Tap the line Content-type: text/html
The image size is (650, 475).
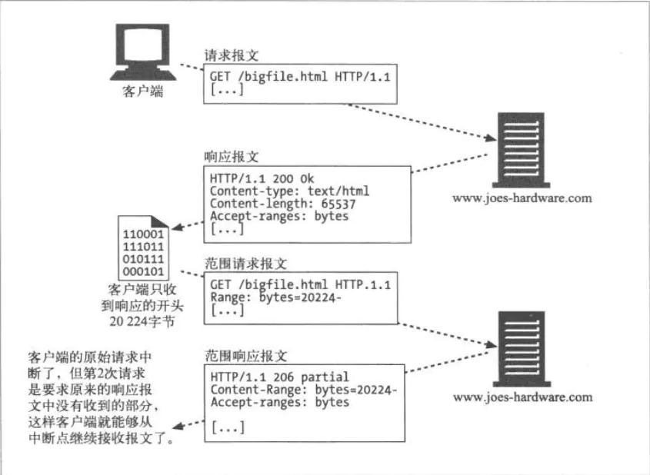[x=289, y=191]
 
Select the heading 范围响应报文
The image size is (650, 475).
[x=242, y=357]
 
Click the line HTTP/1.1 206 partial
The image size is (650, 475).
[x=279, y=377]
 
